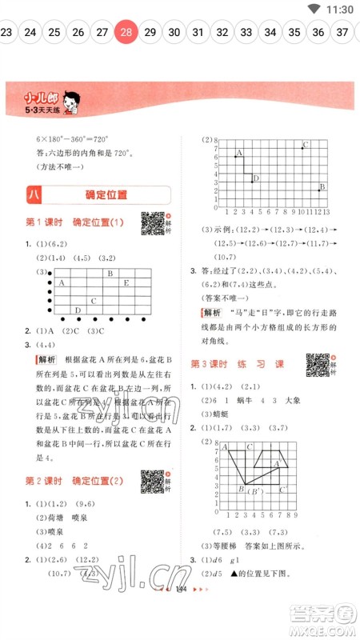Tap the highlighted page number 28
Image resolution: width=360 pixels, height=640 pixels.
[x=126, y=33]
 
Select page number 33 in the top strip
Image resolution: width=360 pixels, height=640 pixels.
[x=246, y=33]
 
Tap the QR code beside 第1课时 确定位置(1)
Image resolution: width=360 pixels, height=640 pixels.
[x=151, y=222]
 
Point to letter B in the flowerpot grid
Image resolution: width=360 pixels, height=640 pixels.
[x=110, y=274]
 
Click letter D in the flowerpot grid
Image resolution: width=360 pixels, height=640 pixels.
[x=78, y=310]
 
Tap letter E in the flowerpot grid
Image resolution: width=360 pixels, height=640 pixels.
[x=126, y=282]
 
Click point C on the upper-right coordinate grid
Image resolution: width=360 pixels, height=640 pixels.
[x=303, y=147]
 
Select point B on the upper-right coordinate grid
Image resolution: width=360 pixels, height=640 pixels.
[x=321, y=188]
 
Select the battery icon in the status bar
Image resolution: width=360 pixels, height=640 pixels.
[x=313, y=9]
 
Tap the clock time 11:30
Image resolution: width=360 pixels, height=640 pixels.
[x=339, y=9]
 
